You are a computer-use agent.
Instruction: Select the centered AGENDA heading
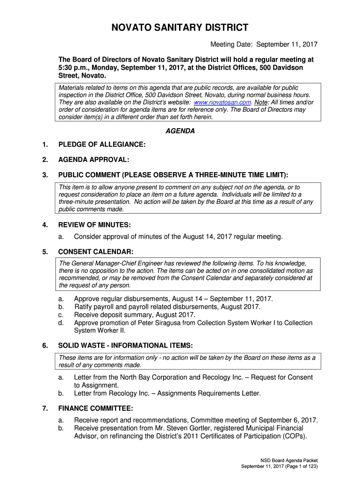[x=180, y=131]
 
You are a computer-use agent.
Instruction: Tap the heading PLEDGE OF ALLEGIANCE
[x=102, y=145]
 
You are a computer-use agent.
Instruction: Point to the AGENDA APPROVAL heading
[x=94, y=160]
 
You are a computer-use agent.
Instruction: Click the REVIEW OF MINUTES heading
[x=94, y=225]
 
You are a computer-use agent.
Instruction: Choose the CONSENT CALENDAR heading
[x=96, y=252]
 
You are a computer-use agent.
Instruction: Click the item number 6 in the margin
[x=45, y=346]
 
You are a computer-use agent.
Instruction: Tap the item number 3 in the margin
[x=45, y=175]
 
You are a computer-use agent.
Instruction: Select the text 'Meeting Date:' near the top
[x=231, y=45]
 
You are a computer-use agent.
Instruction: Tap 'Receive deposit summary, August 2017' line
[x=135, y=315]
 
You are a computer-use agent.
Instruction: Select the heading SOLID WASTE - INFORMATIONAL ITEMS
[x=125, y=346]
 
